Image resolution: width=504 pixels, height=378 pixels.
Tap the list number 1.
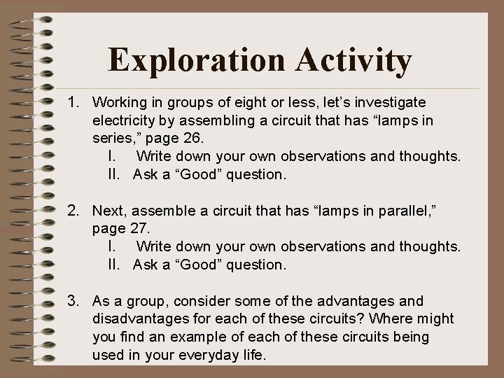coord(73,103)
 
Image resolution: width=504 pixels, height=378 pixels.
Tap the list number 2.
coord(73,211)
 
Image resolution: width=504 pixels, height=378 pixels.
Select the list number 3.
coord(73,301)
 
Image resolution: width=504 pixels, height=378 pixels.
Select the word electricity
coord(126,121)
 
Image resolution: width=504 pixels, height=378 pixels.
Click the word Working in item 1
coord(120,103)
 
